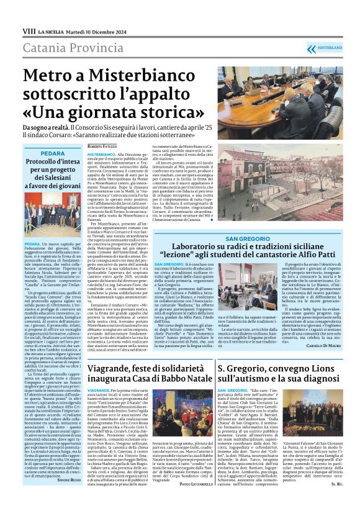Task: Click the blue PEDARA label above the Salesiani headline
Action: [53, 153]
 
